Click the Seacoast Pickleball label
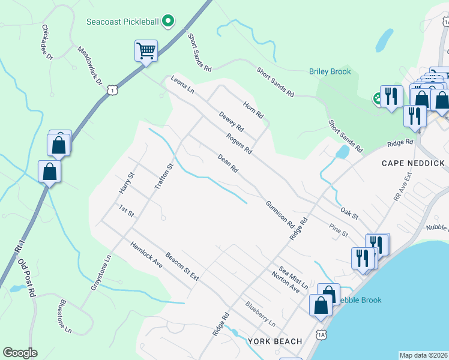click(122, 22)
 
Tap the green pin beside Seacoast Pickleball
click(169, 22)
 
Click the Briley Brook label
click(330, 72)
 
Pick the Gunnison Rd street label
click(280, 215)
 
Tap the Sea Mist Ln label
click(293, 278)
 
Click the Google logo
click(20, 353)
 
